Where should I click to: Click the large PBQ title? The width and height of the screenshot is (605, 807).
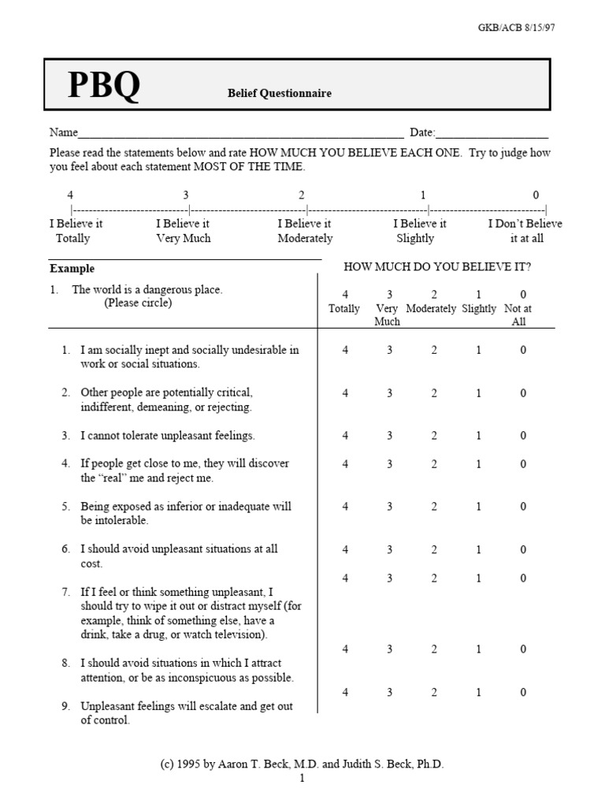103,87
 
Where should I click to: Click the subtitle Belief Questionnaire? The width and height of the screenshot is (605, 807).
280,93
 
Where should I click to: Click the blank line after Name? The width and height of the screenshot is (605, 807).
240,132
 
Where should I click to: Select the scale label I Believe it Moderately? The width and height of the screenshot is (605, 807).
305,231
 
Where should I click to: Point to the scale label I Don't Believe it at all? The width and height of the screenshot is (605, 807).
525,231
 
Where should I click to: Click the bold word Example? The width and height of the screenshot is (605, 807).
72,269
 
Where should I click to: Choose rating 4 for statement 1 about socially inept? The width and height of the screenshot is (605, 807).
345,350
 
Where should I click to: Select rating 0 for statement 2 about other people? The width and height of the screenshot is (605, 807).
523,392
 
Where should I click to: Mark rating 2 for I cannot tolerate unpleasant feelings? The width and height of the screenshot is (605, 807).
434,436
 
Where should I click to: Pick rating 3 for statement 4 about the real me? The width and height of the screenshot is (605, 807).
389,464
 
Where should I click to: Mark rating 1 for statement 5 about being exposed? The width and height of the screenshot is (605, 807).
478,507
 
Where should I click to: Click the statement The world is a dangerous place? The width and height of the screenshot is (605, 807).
147,290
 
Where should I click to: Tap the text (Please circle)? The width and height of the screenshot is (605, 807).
138,303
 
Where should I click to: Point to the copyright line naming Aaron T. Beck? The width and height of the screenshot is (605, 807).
302,764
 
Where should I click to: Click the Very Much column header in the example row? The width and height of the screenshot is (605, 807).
387,314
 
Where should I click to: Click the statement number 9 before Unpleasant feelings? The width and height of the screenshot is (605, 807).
66,706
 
